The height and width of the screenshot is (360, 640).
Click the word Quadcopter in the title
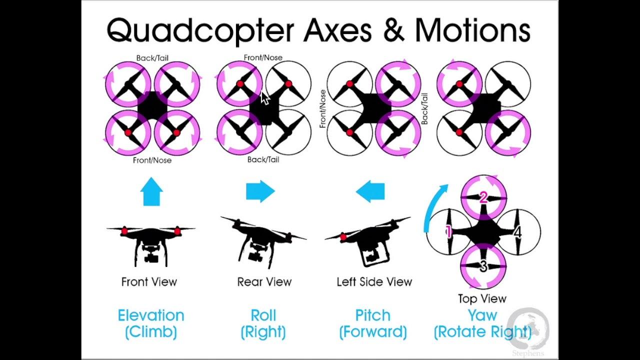200,30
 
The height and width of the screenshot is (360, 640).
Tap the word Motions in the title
472,30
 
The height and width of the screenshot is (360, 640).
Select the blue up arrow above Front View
152,192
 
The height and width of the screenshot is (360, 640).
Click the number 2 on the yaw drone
483,198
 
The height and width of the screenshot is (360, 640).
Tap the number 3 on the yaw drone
483,266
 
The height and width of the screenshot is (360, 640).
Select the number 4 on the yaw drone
517,232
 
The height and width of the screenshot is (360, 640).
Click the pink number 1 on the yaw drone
448,232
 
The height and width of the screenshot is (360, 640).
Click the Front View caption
149,282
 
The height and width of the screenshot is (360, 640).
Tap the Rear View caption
264,282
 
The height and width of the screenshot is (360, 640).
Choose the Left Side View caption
374,282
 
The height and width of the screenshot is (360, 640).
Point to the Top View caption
482,299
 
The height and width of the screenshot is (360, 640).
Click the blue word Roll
263,315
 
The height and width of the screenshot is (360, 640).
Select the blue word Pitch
372,315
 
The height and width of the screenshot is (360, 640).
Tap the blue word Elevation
151,315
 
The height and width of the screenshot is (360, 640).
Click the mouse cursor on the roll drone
265,98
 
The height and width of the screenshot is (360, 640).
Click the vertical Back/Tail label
424,108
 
